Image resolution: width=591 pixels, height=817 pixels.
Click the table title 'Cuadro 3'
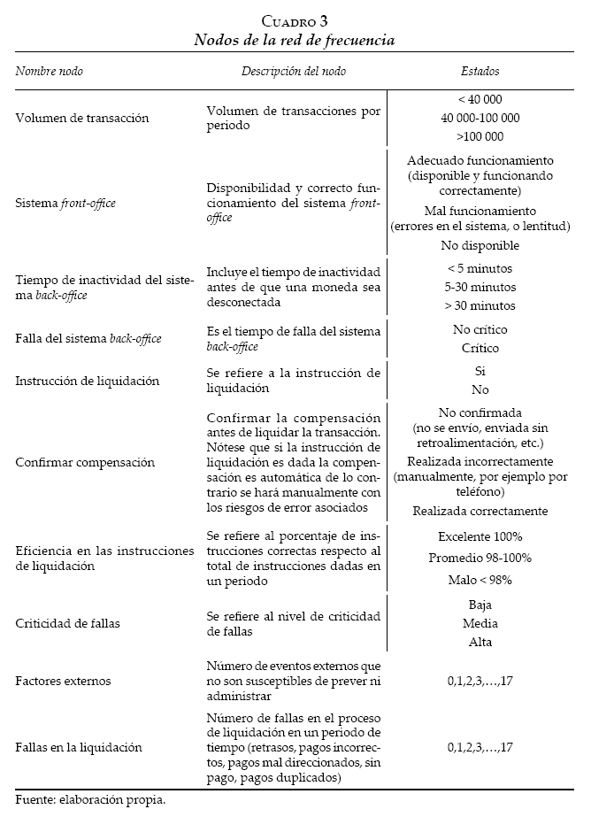[295, 21]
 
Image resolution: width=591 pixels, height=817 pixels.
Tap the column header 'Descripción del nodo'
[294, 71]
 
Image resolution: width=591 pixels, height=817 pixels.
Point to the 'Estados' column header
[480, 71]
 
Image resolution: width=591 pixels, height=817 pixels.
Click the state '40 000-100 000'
[480, 118]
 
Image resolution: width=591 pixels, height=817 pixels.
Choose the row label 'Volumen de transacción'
[81, 118]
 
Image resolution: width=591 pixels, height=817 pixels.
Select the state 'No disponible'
[480, 245]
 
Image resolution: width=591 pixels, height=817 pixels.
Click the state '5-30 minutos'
[480, 287]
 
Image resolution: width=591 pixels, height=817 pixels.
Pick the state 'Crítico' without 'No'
[480, 348]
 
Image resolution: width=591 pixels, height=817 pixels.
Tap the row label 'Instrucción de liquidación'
[88, 381]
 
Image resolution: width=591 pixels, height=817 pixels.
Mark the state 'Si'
[480, 371]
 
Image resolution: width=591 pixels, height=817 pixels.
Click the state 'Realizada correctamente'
[480, 511]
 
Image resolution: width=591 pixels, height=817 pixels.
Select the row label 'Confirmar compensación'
[85, 462]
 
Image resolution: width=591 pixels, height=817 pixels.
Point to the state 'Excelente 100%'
[480, 536]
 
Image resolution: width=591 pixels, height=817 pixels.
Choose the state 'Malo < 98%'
[480, 580]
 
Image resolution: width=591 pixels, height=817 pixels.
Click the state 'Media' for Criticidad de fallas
[480, 623]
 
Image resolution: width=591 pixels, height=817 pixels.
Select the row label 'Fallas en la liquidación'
[79, 746]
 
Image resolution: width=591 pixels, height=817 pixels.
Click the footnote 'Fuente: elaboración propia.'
[91, 800]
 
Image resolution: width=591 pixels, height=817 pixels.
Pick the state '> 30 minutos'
[480, 305]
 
